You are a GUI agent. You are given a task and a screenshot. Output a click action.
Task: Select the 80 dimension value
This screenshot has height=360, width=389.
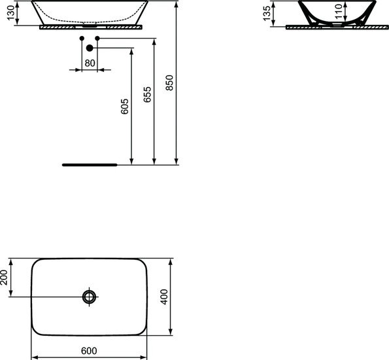tap(90, 63)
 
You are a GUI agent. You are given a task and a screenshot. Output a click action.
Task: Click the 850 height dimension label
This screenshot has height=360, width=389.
tap(169, 82)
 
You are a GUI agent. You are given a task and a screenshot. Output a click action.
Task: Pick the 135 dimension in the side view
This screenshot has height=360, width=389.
tap(266, 14)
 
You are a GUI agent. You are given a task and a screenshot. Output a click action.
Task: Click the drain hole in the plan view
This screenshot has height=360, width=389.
tap(90, 297)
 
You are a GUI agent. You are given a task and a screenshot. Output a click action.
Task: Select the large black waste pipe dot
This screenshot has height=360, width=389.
tap(89, 47)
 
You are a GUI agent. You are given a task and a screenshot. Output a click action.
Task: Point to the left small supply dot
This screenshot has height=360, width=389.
tap(81, 39)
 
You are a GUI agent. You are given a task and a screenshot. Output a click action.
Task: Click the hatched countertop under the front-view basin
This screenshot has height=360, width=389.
tap(59, 28)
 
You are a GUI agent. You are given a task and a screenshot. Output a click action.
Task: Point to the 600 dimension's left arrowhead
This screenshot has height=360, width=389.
tap(35, 357)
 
